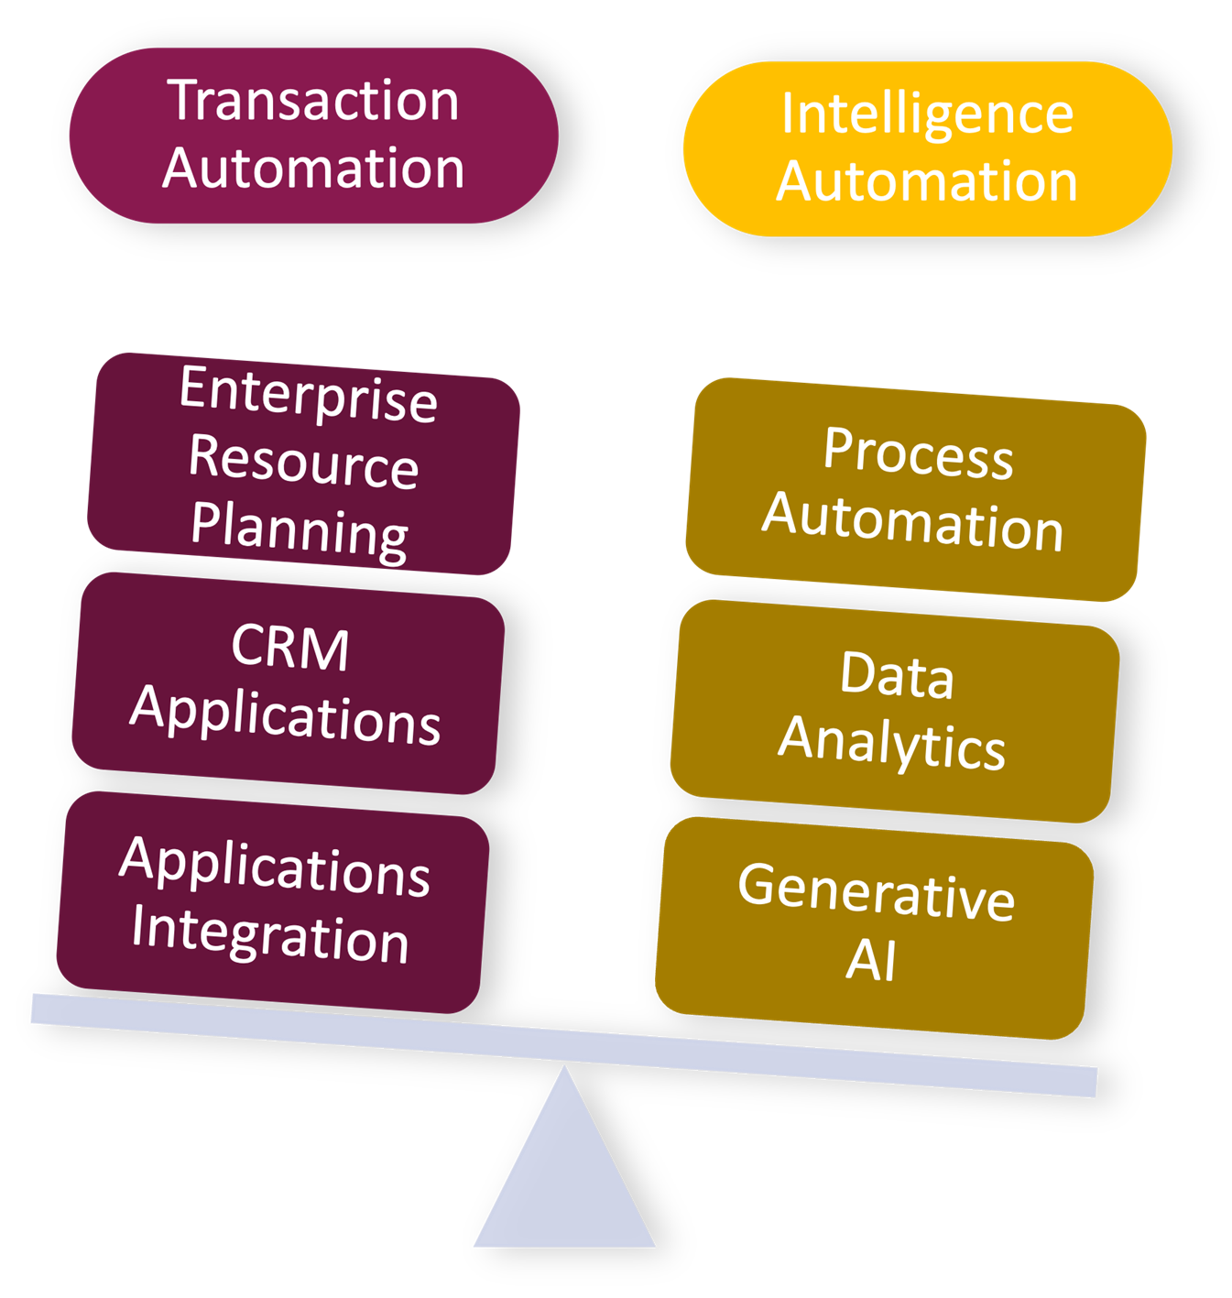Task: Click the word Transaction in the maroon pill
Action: (x=313, y=101)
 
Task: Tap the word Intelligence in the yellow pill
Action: (x=927, y=115)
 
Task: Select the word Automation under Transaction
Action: (x=313, y=169)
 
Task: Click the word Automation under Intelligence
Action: (x=927, y=181)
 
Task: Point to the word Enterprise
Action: (x=309, y=395)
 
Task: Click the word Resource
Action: (x=303, y=462)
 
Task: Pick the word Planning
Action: (x=300, y=529)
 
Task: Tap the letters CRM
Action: (x=290, y=648)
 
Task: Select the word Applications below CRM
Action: (x=286, y=714)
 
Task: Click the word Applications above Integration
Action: (x=275, y=866)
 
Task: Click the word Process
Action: (x=918, y=453)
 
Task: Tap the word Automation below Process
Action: (x=913, y=521)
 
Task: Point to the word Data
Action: (x=897, y=676)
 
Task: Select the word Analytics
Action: (x=891, y=743)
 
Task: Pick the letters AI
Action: (x=871, y=960)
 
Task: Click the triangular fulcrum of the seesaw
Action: (x=564, y=1182)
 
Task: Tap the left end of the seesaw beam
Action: (x=41, y=1009)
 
